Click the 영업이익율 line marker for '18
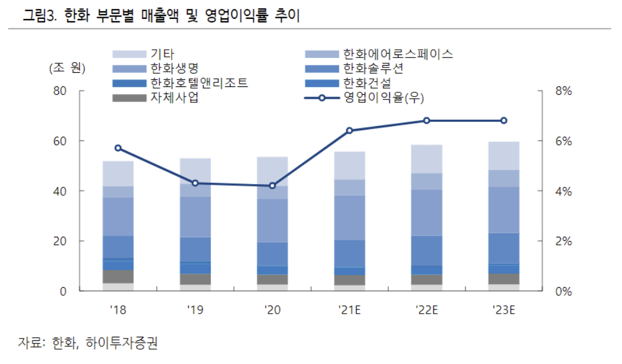click(118, 148)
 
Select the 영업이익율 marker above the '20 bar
click(272, 186)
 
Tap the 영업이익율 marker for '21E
click(349, 130)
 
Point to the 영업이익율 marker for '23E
click(504, 121)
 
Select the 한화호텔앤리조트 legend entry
click(199, 83)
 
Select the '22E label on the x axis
click(427, 309)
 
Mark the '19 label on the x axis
click(195, 309)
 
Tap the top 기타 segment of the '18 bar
click(118, 173)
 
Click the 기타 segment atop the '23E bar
click(504, 156)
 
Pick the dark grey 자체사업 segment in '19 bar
click(195, 279)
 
